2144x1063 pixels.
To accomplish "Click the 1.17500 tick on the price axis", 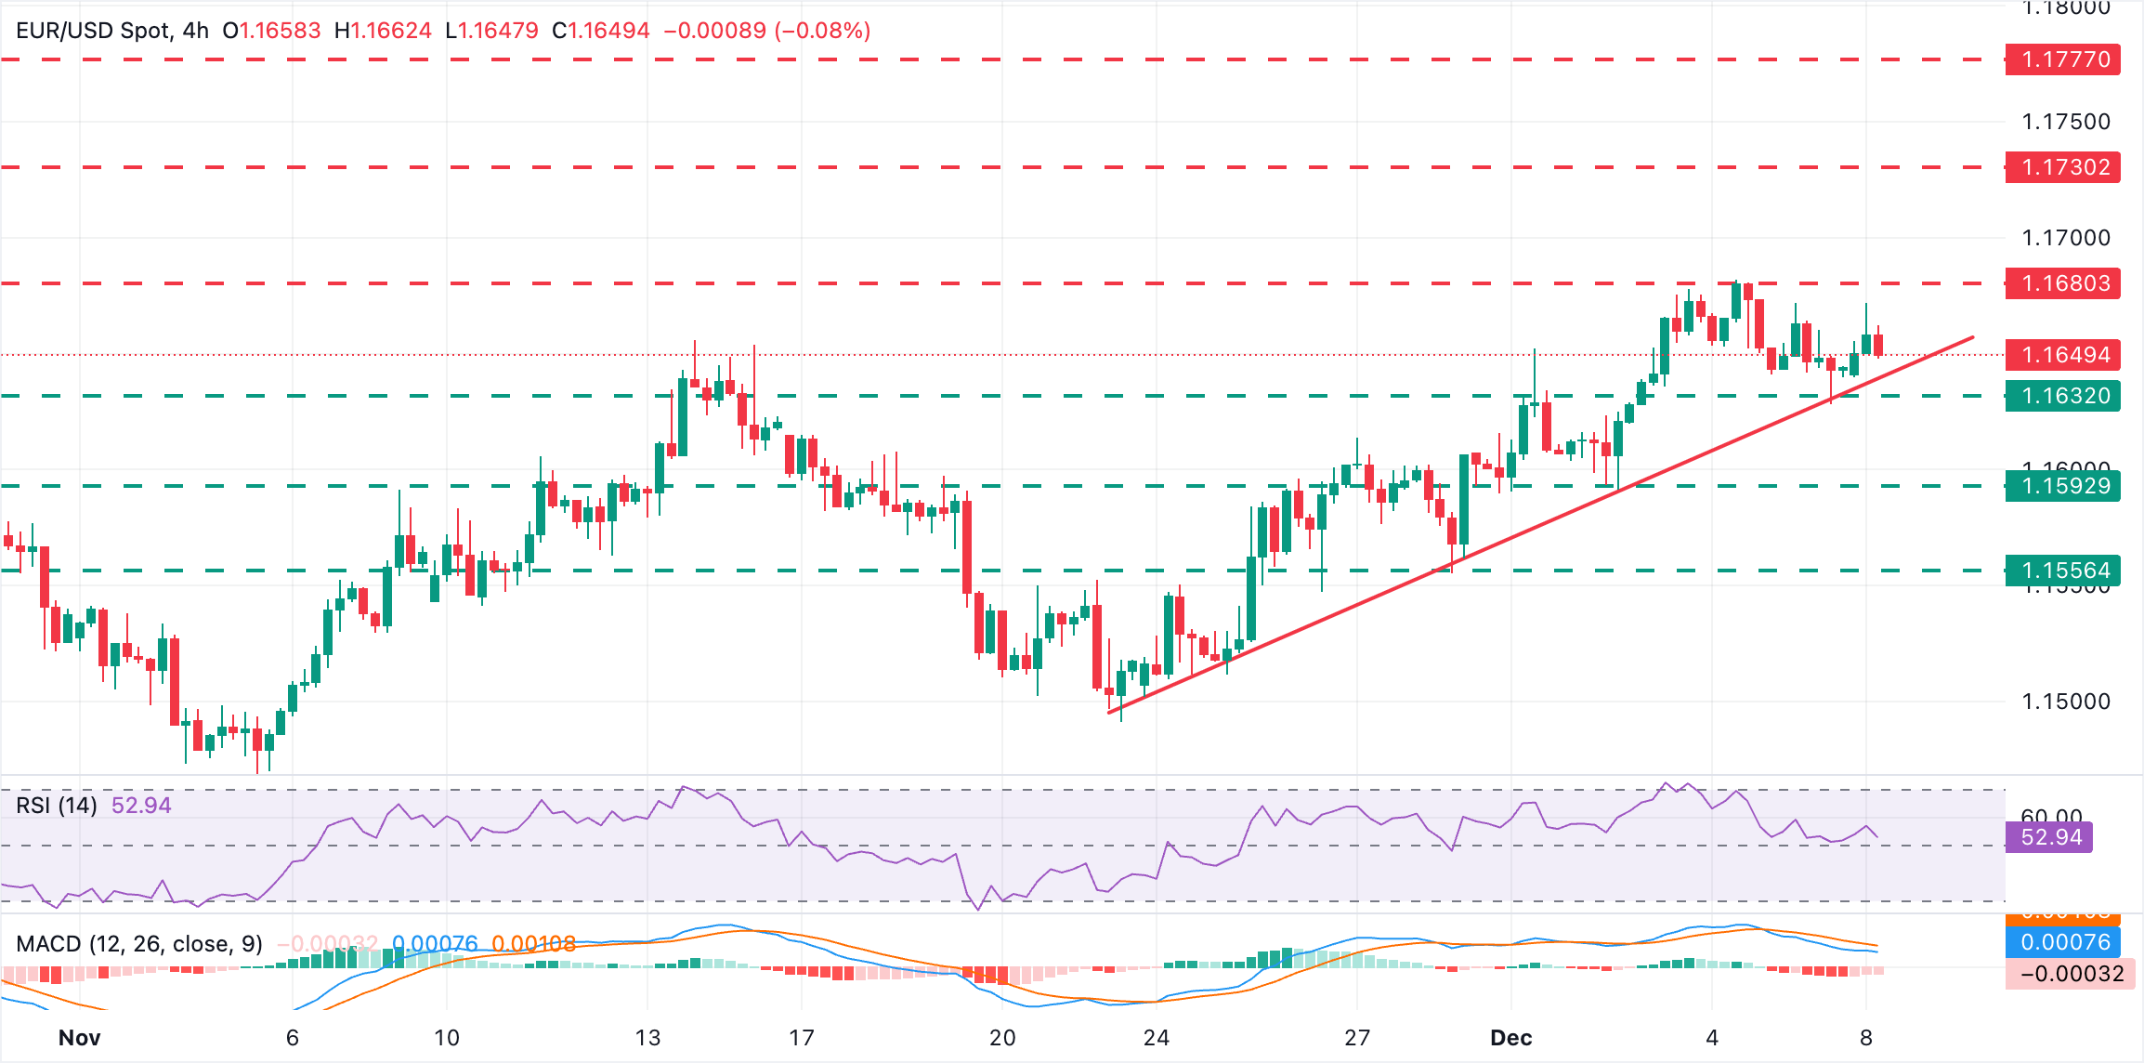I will pyautogui.click(x=2066, y=122).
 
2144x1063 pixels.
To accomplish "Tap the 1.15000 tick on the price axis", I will pyautogui.click(x=2066, y=702).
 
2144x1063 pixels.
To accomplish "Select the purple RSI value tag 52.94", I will pyautogui.click(x=2050, y=837).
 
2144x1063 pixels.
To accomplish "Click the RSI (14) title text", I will pyautogui.click(x=57, y=806).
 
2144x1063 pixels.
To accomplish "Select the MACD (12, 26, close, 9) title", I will pyautogui.click(x=139, y=944).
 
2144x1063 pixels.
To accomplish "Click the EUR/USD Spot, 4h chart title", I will pyautogui.click(x=111, y=31).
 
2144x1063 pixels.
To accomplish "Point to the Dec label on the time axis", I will pyautogui.click(x=1510, y=1038).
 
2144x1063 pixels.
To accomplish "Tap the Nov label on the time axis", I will pyautogui.click(x=79, y=1038).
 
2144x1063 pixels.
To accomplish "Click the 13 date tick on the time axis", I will pyautogui.click(x=647, y=1038).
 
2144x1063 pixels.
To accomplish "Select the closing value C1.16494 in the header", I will pyautogui.click(x=600, y=31).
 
